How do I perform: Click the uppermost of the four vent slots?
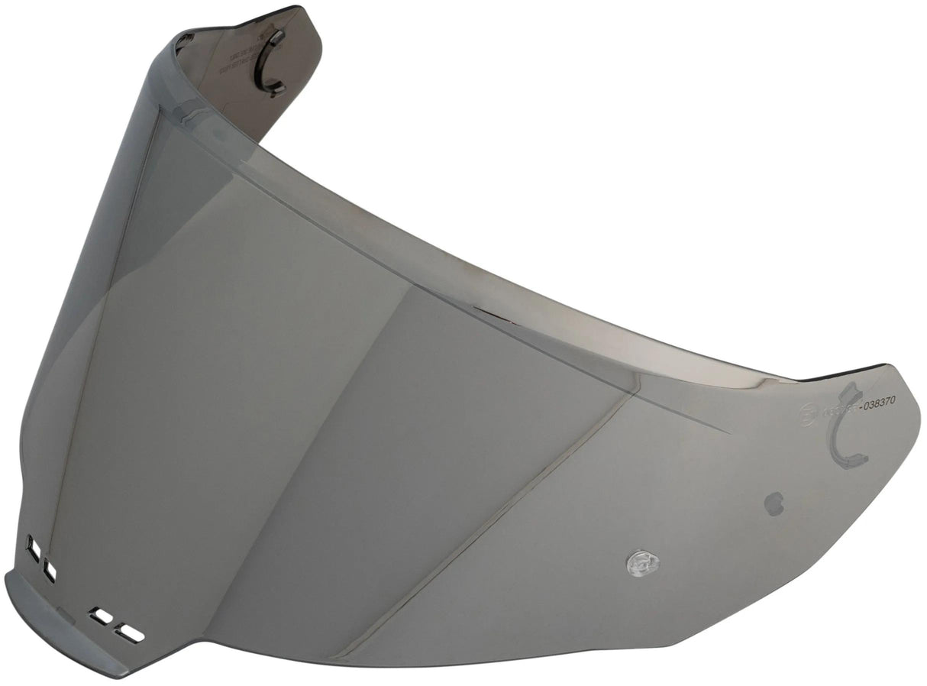click(x=34, y=548)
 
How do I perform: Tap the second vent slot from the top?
click(x=50, y=570)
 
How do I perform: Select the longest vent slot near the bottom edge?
click(x=131, y=633)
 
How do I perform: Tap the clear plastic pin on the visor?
click(x=642, y=564)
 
